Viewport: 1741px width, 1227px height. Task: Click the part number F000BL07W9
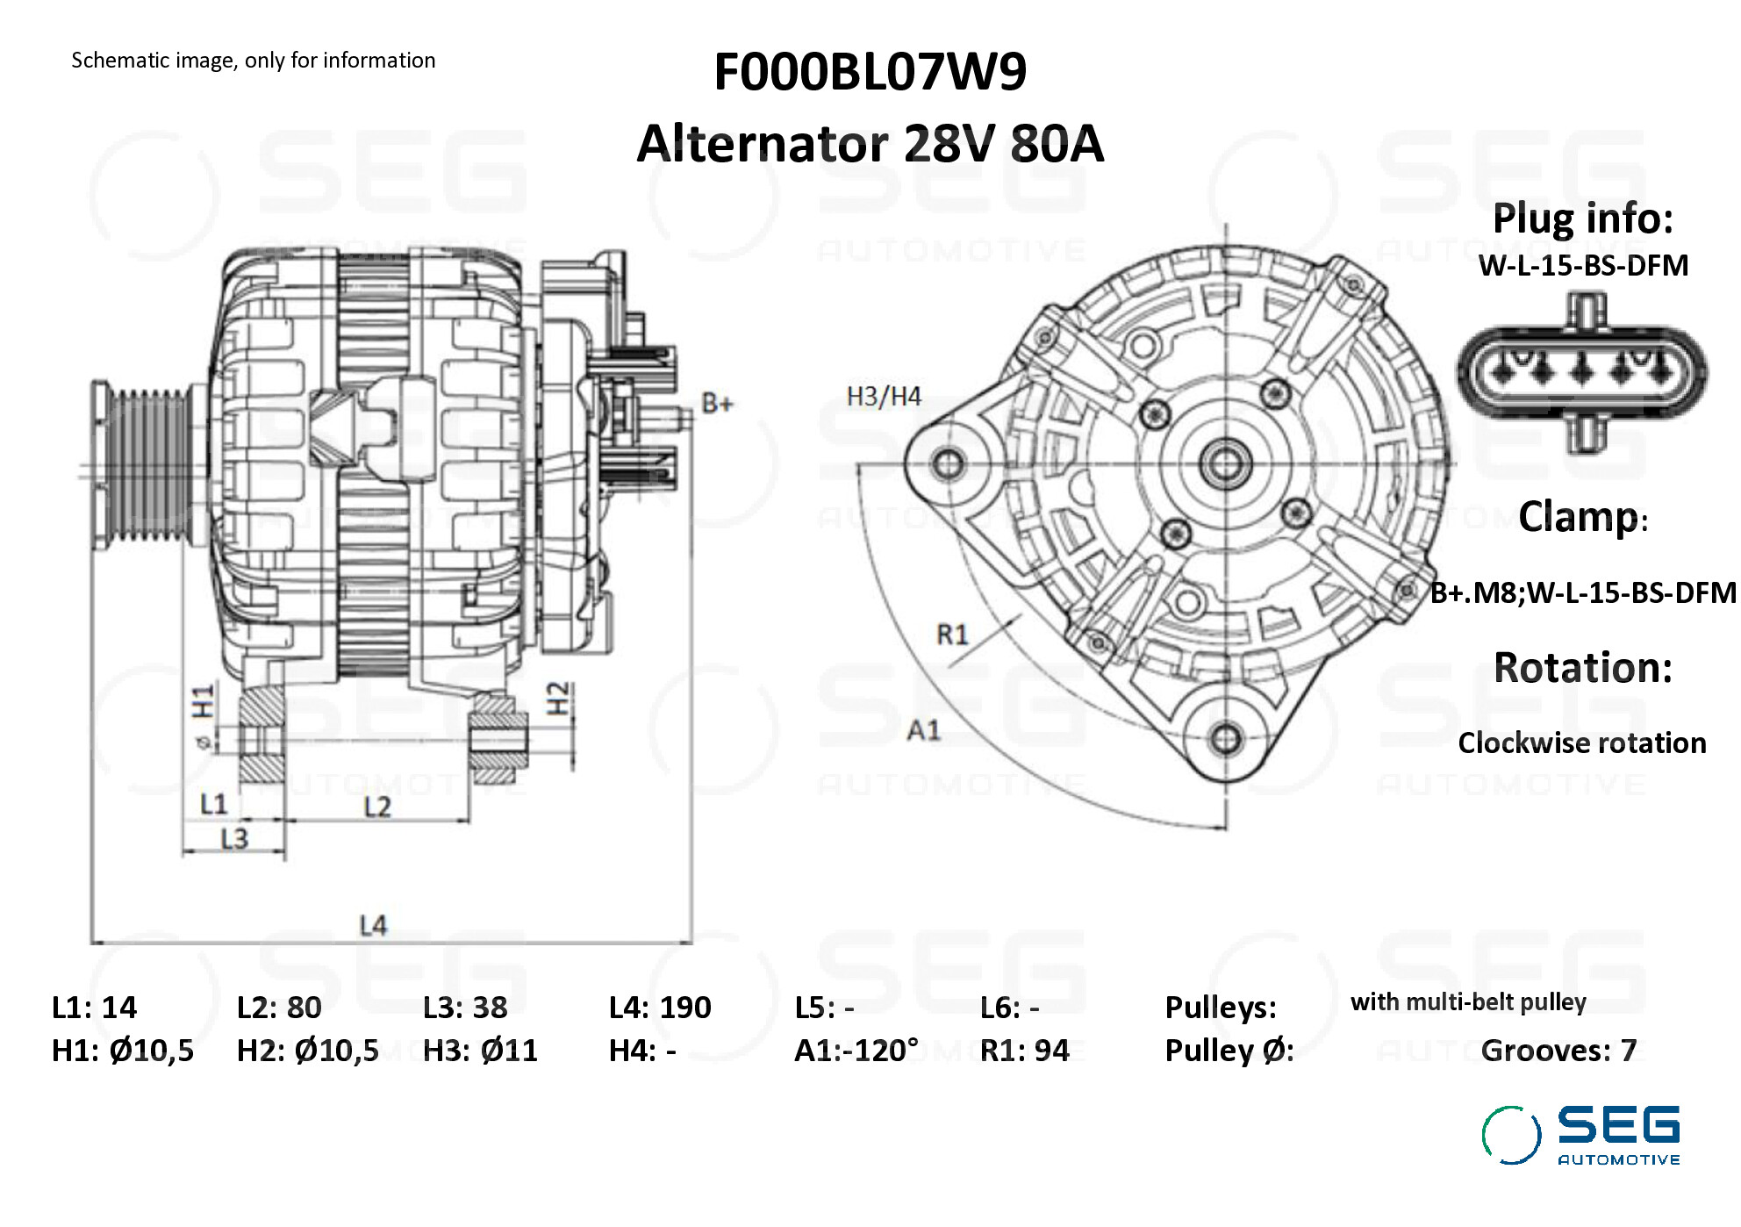(869, 72)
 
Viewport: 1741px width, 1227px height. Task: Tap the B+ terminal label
(716, 404)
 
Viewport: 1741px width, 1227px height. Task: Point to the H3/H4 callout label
(883, 397)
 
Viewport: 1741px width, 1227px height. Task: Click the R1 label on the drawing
(952, 634)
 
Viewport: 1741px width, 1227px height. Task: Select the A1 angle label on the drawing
(923, 730)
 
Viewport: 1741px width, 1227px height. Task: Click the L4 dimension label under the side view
(373, 925)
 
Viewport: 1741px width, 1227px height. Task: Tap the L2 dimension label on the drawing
(377, 807)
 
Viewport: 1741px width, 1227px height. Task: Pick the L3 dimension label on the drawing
(234, 840)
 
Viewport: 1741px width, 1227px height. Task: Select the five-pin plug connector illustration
(1582, 371)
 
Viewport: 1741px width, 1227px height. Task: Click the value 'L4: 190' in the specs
(660, 1008)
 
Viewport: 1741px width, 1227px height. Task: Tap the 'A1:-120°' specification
(856, 1051)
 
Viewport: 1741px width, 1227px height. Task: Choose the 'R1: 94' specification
(1024, 1051)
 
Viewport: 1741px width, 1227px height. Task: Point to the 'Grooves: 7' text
(1558, 1051)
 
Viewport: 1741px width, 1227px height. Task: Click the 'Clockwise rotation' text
(1581, 743)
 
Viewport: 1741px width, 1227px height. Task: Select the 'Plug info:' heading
(1582, 219)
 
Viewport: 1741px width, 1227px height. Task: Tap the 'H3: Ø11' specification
(480, 1051)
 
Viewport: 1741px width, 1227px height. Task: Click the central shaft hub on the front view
(1226, 463)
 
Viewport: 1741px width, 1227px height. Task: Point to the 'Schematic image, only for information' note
(253, 61)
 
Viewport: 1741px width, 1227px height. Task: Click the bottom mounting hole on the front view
(1226, 738)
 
